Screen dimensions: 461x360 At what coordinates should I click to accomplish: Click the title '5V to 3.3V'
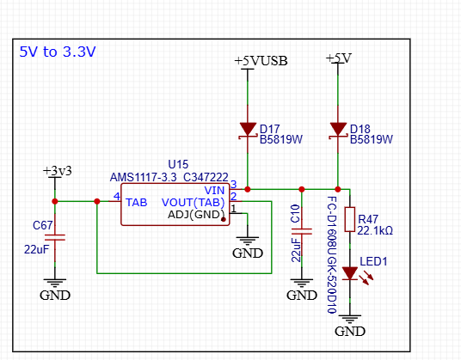click(58, 52)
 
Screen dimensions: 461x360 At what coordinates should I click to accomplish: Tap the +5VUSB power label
click(261, 61)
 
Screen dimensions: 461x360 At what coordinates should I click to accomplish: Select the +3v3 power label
click(58, 171)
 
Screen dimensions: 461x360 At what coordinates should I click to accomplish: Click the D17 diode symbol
click(248, 130)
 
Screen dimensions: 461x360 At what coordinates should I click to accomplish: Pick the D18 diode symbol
click(338, 130)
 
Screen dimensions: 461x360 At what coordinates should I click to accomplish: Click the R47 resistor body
click(350, 219)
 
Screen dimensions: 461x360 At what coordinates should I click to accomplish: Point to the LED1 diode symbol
click(350, 273)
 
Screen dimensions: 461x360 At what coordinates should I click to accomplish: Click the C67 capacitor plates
click(55, 237)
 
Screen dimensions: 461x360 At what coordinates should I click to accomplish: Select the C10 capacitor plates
click(302, 231)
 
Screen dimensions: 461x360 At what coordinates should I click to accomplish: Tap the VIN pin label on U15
click(214, 190)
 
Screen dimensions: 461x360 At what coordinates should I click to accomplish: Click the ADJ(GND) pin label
click(196, 215)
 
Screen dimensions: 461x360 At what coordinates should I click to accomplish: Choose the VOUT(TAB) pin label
click(194, 202)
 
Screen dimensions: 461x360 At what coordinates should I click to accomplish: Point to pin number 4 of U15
click(117, 196)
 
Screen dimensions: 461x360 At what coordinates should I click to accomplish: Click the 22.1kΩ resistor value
click(375, 231)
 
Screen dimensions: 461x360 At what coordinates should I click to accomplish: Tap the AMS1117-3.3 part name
click(143, 177)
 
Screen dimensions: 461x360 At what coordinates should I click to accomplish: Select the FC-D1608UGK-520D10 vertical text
click(332, 254)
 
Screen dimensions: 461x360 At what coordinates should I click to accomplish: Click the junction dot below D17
click(248, 189)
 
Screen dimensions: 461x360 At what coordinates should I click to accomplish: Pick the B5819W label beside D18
click(371, 139)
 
